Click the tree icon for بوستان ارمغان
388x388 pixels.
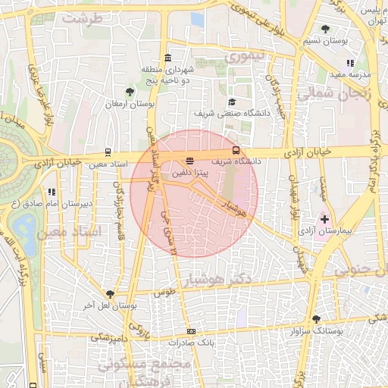[x=130, y=92]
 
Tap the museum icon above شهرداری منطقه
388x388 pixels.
[x=167, y=58]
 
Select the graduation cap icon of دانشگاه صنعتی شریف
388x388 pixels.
[x=231, y=102]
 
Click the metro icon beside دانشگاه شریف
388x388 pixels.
[x=236, y=149]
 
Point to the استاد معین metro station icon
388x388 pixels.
[x=109, y=152]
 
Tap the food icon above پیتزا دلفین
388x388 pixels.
[x=189, y=161]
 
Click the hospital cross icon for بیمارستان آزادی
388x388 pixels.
[x=325, y=218]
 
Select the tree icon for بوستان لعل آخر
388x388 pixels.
[x=111, y=294]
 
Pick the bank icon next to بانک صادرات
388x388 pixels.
[x=191, y=331]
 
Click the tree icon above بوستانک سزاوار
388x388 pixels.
[x=316, y=320]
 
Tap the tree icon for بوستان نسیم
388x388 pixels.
[x=325, y=29]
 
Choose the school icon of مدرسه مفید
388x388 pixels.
[x=349, y=64]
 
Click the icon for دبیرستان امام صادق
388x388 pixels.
[x=52, y=192]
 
